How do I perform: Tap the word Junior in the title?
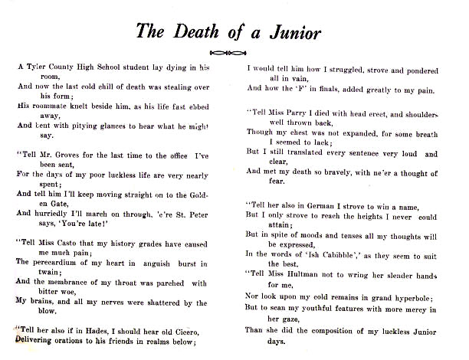294,32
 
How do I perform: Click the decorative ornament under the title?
235,52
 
